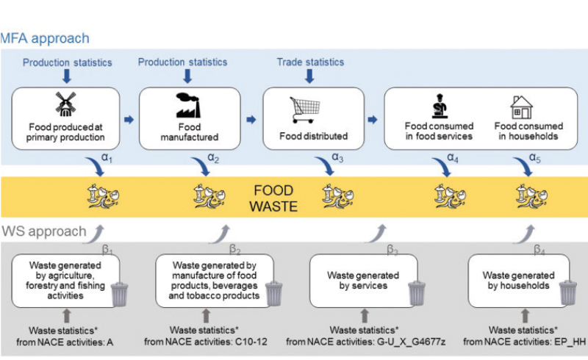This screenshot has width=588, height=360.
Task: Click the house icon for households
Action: pyautogui.click(x=521, y=107)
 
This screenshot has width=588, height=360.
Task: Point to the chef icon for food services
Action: pyautogui.click(x=440, y=105)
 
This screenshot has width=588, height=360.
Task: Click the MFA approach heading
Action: pyautogui.click(x=46, y=38)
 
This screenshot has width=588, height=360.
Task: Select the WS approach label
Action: pyautogui.click(x=43, y=231)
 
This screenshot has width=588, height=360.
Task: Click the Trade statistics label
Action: pyautogui.click(x=309, y=62)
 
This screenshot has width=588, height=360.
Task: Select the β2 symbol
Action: pyautogui.click(x=234, y=249)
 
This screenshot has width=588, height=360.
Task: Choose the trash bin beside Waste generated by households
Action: pyautogui.click(x=567, y=292)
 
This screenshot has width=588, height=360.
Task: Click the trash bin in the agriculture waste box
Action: pyautogui.click(x=119, y=294)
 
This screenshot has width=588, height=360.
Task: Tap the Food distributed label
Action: pyautogui.click(x=313, y=136)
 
